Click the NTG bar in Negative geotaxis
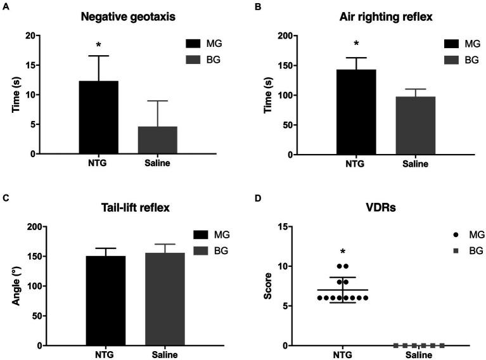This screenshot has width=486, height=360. (x=98, y=117)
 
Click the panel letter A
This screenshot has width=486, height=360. (x=4, y=8)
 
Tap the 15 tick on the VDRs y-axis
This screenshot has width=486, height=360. (x=290, y=227)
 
